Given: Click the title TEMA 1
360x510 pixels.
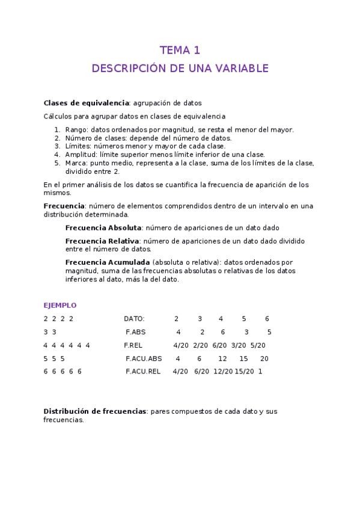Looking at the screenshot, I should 180,50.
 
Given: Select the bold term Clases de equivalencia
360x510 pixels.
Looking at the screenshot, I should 87,103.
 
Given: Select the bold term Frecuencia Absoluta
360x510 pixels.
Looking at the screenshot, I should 103,228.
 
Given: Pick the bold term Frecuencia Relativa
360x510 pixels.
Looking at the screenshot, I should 102,241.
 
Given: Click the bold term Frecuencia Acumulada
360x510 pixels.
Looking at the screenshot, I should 108,262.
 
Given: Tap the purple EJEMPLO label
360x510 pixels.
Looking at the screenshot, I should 60,306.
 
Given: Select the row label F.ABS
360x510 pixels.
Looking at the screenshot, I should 136,332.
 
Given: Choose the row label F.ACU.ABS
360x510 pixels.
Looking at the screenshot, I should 144,358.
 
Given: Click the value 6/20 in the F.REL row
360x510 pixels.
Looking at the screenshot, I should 220,345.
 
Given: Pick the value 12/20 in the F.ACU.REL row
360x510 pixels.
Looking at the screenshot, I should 223,372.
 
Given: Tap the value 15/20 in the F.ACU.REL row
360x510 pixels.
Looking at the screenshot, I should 244,372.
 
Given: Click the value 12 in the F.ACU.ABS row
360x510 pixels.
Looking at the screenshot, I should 222,358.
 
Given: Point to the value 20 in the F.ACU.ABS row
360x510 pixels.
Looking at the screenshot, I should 264,358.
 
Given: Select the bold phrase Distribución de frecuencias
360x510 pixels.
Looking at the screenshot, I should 95,411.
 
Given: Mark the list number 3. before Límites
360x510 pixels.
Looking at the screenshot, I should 58,146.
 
